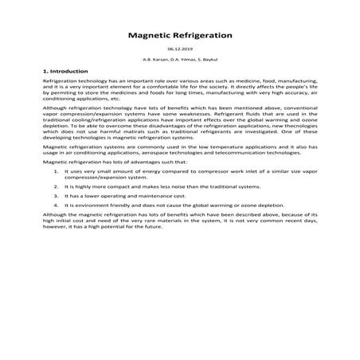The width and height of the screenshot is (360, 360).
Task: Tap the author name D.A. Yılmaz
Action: [x=180, y=61]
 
